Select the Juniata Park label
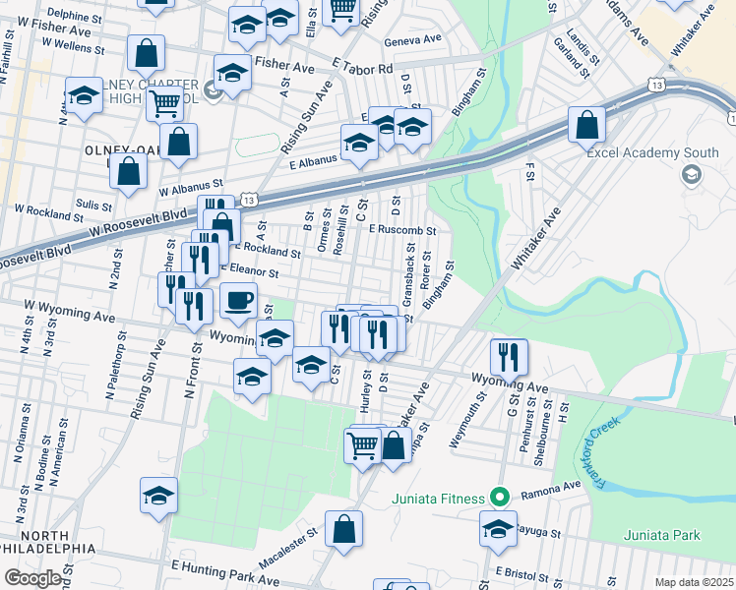tap(661, 535)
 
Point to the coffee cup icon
tap(238, 301)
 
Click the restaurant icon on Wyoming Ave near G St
tap(509, 356)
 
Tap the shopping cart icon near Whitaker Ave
tap(362, 446)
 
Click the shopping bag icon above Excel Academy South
tap(586, 126)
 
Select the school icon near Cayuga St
tap(499, 528)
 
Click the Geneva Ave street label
tap(414, 40)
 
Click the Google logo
tap(32, 578)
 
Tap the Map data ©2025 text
tap(694, 582)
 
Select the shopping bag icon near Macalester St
tap(345, 529)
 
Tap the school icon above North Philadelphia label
tap(158, 498)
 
